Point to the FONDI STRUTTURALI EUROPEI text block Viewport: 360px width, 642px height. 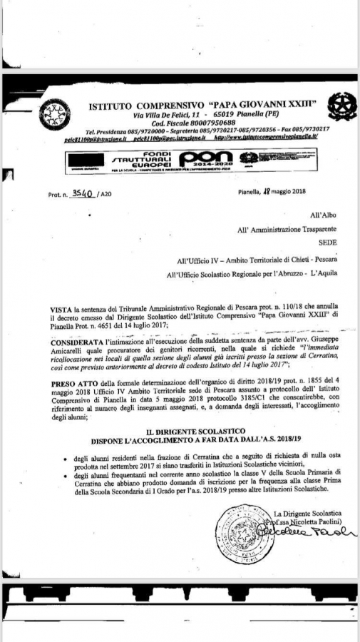click(148, 156)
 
